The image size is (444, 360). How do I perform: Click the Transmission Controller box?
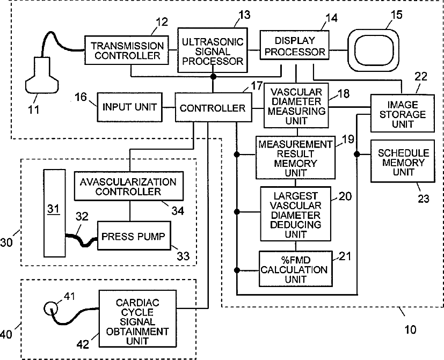click(x=127, y=50)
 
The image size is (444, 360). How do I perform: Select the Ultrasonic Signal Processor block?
click(x=213, y=50)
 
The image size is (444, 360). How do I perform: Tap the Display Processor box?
click(x=295, y=45)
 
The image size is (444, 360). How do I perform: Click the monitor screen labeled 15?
click(x=374, y=50)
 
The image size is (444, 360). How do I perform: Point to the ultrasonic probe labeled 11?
click(x=42, y=75)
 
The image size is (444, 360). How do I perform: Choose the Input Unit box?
click(x=129, y=107)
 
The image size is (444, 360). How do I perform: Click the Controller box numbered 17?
click(x=213, y=107)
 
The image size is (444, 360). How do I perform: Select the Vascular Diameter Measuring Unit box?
click(x=296, y=106)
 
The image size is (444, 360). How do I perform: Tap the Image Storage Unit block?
click(x=402, y=113)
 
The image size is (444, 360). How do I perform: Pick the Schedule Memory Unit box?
click(x=403, y=161)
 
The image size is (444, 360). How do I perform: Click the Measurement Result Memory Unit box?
click(x=295, y=157)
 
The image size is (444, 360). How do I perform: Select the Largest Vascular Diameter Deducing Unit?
click(x=295, y=214)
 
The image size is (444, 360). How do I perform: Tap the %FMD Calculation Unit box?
click(x=296, y=269)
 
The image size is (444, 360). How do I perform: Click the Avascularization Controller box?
click(x=128, y=186)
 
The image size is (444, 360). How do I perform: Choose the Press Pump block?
click(x=134, y=236)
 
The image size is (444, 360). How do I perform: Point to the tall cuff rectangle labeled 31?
click(x=54, y=213)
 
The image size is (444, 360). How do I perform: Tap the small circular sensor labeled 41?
click(x=51, y=308)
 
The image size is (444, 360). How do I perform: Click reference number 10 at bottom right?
click(x=410, y=329)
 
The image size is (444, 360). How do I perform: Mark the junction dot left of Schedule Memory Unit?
click(x=357, y=154)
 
